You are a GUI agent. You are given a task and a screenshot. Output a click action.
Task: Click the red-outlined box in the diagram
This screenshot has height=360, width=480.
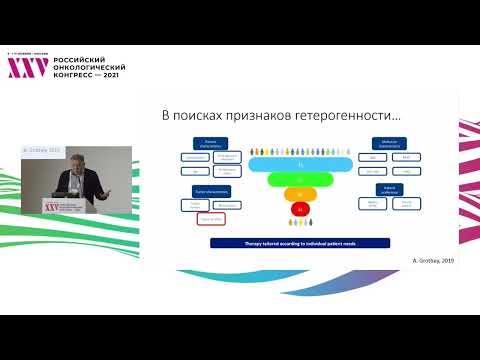[210, 217]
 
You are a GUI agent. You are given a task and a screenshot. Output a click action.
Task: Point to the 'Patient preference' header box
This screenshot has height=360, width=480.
[387, 188]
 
